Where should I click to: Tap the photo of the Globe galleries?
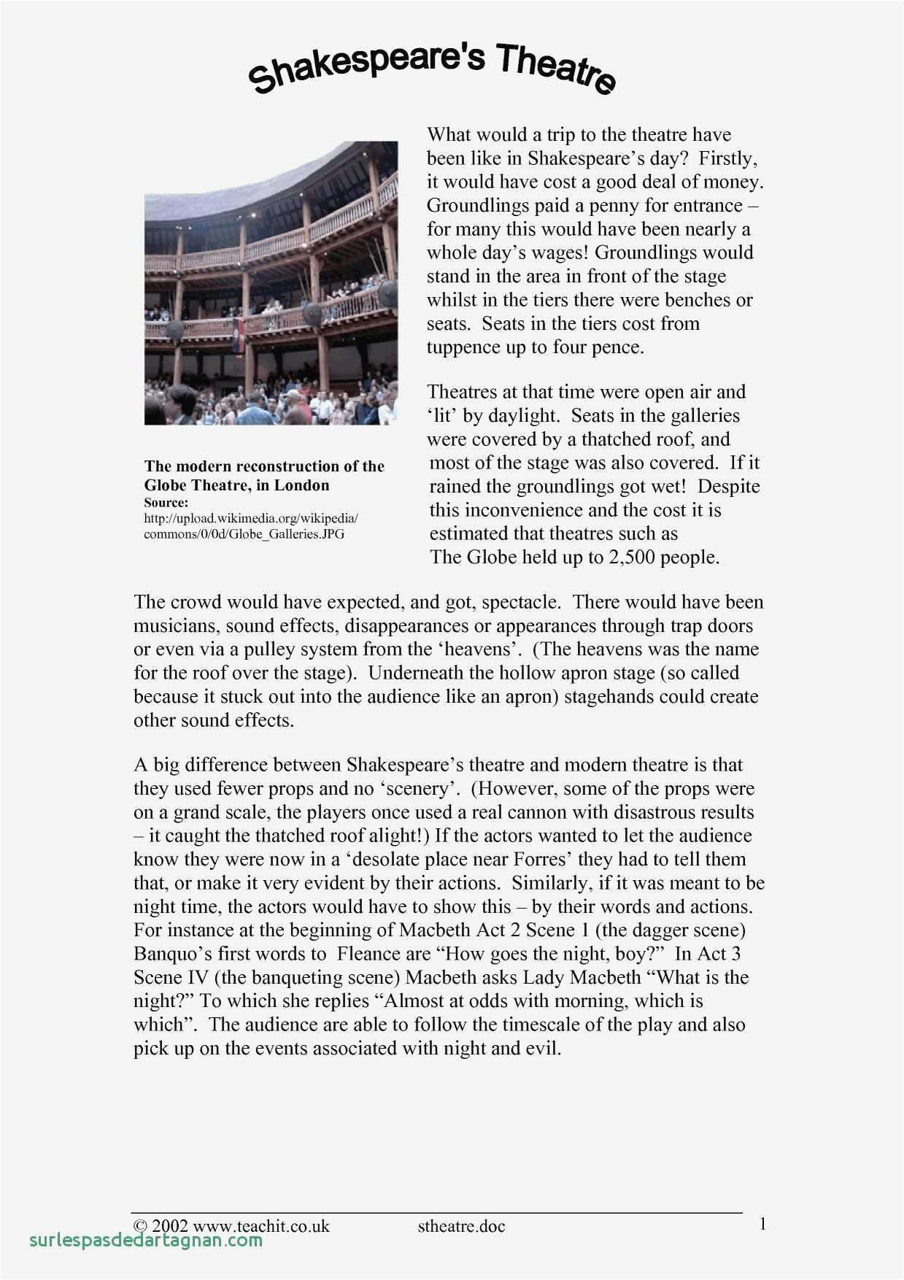271,283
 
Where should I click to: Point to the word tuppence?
463,347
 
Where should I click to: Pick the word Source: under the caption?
166,503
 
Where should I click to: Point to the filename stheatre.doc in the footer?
461,1226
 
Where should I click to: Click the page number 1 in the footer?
762,1224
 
